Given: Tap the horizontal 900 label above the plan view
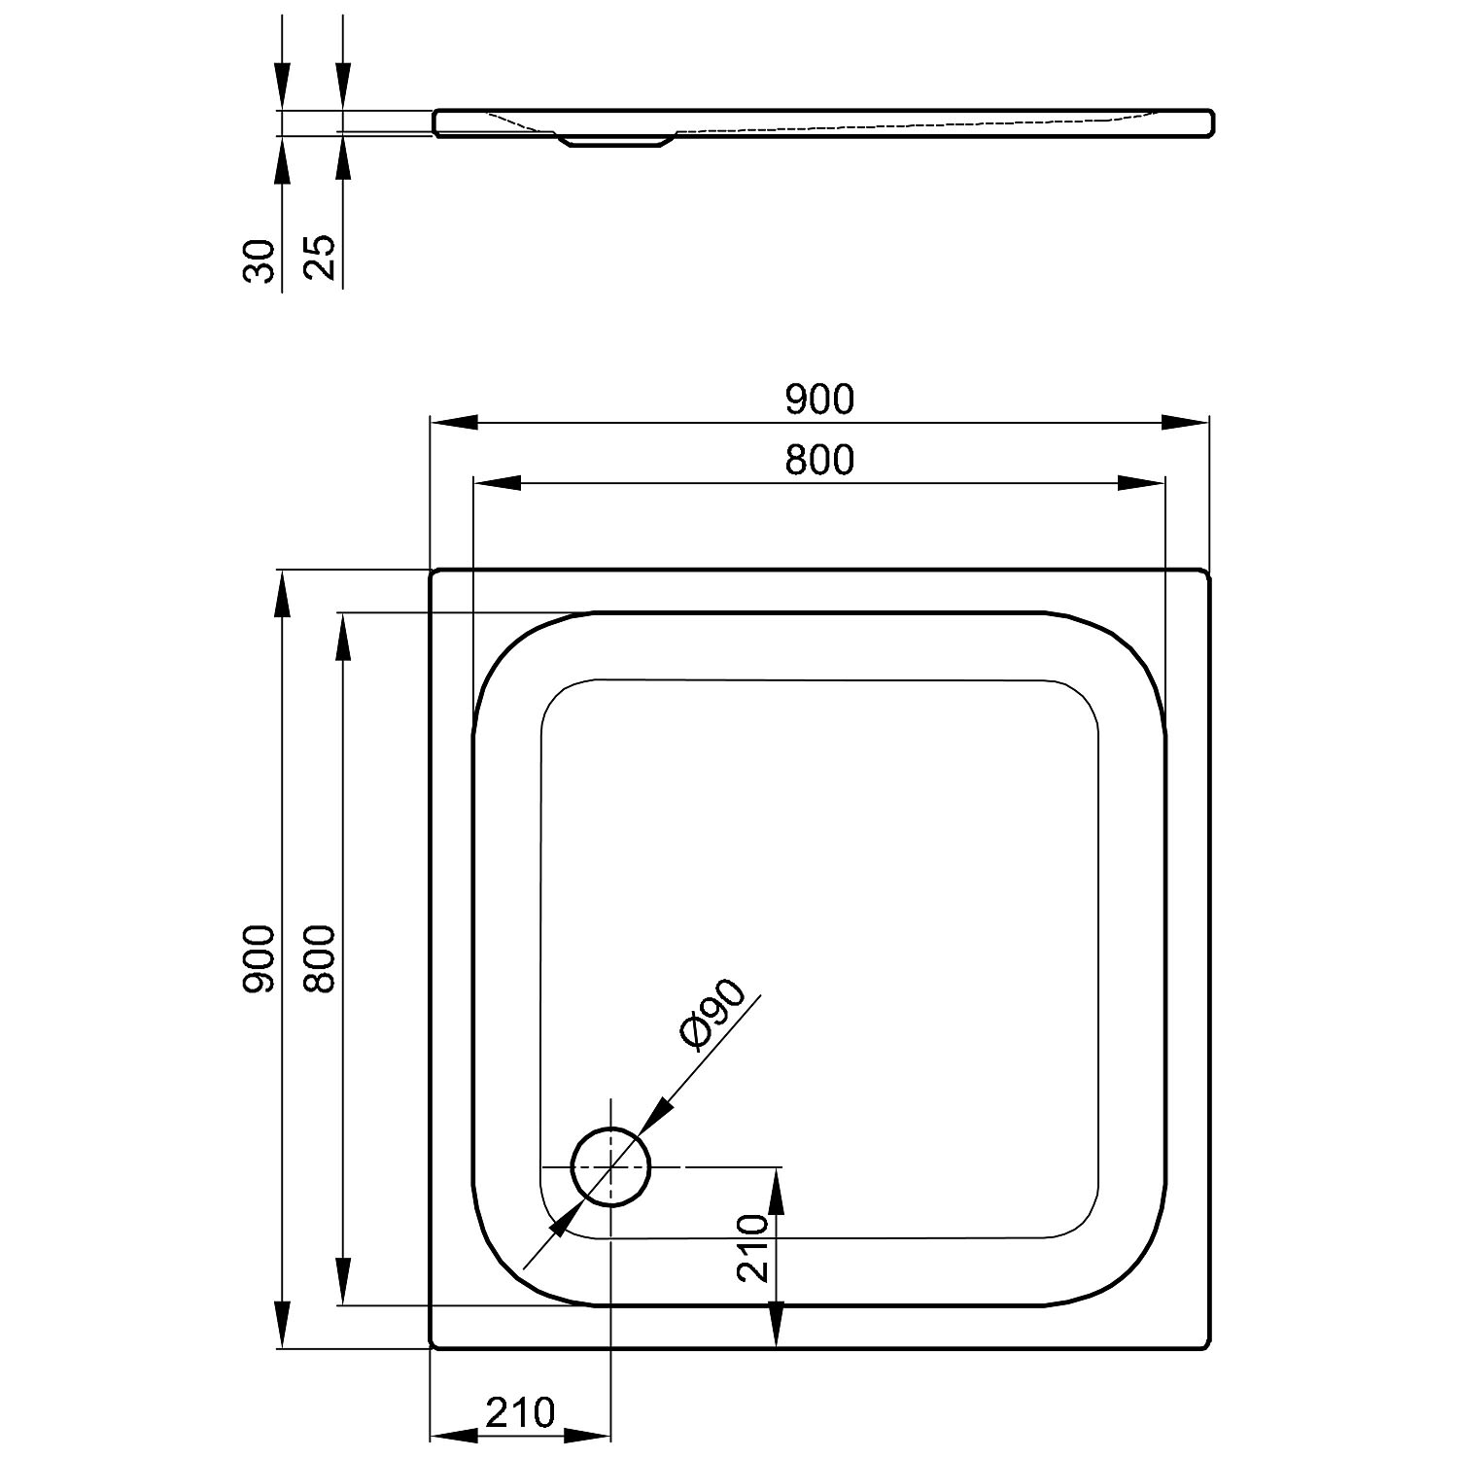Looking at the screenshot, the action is (819, 399).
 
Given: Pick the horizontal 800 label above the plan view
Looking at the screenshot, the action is (819, 460).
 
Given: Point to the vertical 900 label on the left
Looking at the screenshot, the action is (260, 958).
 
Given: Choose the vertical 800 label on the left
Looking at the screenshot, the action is (320, 958).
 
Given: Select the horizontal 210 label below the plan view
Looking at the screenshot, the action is (520, 1412).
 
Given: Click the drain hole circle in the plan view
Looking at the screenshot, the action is (610, 1129).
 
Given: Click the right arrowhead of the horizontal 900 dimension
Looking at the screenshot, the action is (1186, 422).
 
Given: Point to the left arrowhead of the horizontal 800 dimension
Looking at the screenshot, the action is (496, 483).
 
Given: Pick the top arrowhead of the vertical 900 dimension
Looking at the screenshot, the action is (282, 593).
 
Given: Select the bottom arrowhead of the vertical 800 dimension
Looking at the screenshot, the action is (342, 1281).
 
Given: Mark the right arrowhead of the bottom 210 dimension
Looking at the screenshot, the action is (587, 1435).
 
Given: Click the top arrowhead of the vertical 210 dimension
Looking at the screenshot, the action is (777, 1190).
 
